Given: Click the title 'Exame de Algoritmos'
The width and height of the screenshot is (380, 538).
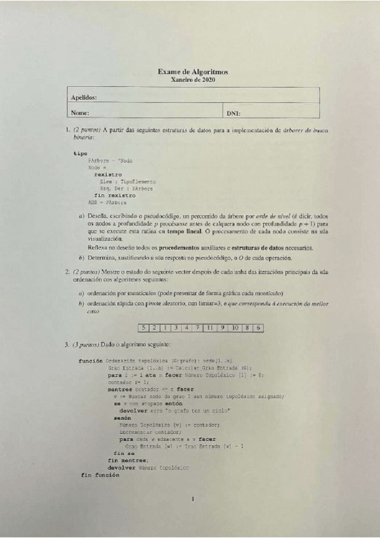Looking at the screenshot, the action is [193, 73].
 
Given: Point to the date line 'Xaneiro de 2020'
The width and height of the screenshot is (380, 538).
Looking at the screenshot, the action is [193, 81].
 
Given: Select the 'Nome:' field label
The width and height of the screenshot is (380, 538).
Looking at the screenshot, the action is [80, 113].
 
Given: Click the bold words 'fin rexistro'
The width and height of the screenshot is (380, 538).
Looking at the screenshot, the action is [115, 195].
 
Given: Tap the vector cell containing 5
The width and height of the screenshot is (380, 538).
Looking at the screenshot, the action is [145, 327].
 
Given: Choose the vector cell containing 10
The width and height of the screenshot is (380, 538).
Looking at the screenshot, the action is [235, 327].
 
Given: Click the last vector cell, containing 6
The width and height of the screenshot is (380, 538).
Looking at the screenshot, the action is [258, 327].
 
